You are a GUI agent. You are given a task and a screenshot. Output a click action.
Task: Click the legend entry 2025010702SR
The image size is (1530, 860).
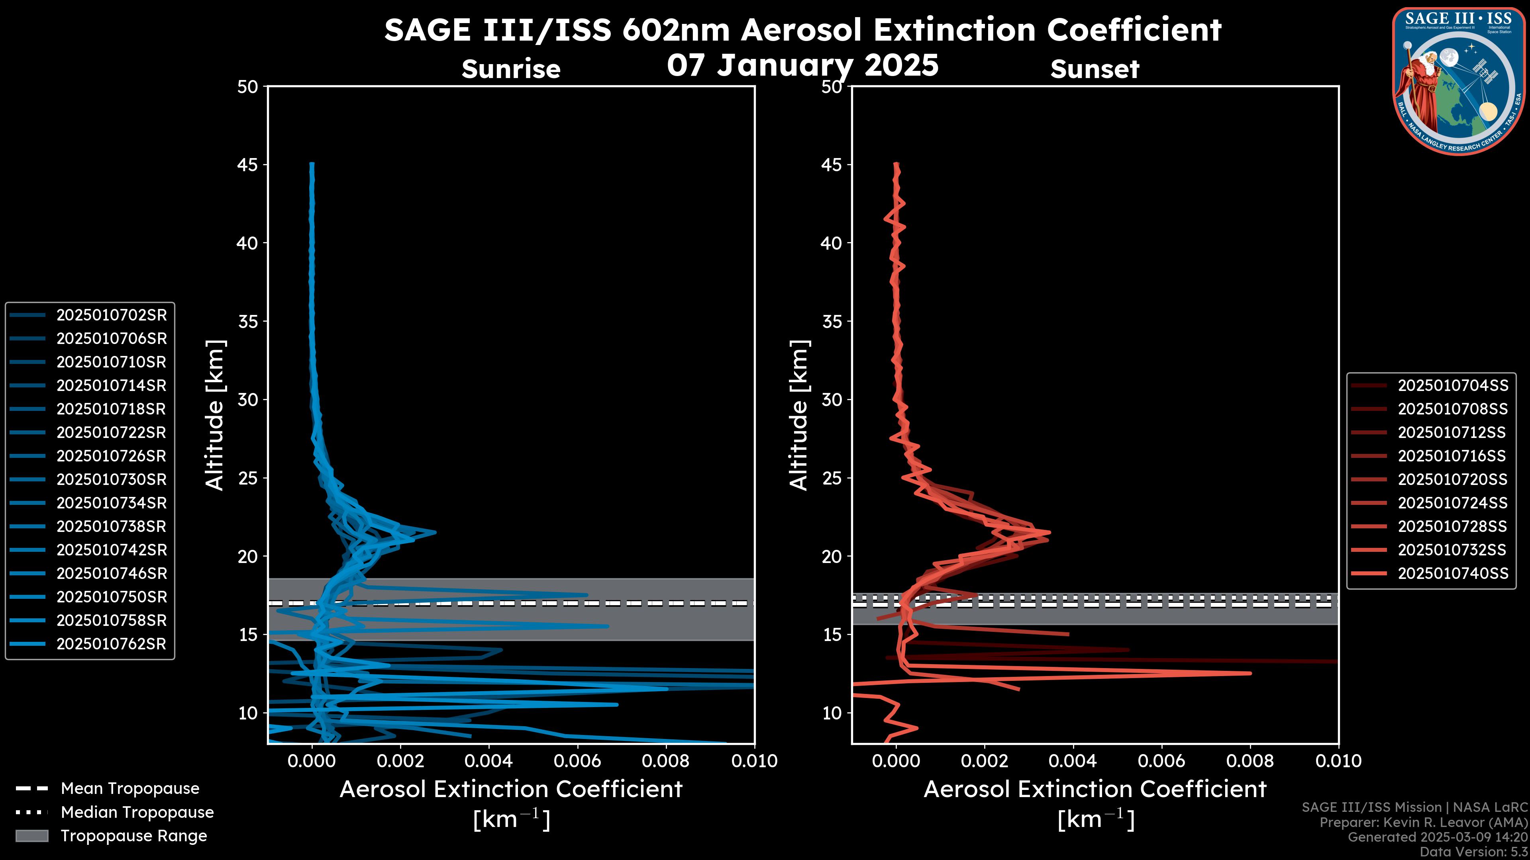click(111, 315)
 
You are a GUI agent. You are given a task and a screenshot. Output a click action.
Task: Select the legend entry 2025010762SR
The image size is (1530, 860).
click(111, 644)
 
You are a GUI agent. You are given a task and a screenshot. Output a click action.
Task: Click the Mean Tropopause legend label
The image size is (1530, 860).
click(129, 789)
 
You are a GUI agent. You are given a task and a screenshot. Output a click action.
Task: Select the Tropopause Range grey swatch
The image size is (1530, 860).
click(31, 836)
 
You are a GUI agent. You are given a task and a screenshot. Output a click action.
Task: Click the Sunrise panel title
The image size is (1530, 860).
click(511, 69)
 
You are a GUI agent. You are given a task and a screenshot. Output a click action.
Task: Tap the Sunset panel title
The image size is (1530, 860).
click(1095, 69)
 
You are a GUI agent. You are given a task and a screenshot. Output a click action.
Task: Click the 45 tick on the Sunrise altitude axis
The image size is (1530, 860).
click(248, 165)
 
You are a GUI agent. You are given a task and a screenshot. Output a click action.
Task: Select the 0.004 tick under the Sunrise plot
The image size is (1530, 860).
click(489, 761)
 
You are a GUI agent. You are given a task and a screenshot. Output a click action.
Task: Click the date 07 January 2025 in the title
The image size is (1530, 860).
click(802, 65)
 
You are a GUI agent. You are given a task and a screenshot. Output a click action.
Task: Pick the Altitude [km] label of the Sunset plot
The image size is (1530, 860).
click(799, 415)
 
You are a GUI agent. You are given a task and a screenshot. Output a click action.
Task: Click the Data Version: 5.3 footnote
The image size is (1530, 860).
click(1473, 852)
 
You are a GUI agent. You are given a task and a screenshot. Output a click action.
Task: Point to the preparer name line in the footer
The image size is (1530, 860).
click(1423, 823)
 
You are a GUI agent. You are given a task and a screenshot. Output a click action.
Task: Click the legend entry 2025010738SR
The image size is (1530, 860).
click(111, 526)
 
